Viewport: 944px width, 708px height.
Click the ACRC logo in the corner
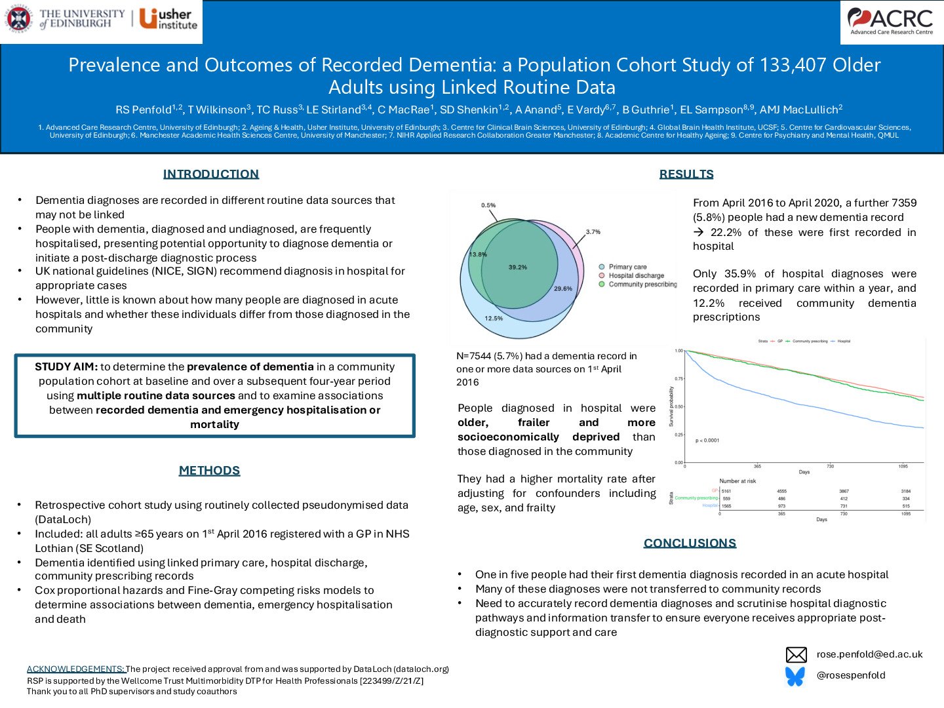[x=891, y=22]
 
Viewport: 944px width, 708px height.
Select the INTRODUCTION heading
[x=211, y=174]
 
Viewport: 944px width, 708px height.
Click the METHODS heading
[x=210, y=470]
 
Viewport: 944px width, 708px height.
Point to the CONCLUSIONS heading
[x=690, y=543]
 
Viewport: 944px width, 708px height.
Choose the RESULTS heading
[x=686, y=174]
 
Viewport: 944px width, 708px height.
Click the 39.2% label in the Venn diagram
[x=518, y=267]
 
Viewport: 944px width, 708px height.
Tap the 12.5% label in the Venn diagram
[x=494, y=319]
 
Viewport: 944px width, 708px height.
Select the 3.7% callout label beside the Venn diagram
[x=593, y=232]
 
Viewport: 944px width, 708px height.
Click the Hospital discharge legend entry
[x=636, y=275]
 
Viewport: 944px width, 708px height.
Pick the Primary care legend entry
[x=627, y=267]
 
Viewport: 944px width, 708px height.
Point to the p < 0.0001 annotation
[x=707, y=441]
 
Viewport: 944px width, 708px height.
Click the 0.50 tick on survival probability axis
[x=678, y=406]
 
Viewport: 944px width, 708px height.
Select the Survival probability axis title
[x=671, y=406]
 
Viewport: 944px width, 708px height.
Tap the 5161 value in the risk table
[x=726, y=491]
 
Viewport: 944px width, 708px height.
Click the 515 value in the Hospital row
[x=905, y=506]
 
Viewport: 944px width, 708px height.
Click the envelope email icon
[x=796, y=655]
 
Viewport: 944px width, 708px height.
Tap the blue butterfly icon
[x=795, y=676]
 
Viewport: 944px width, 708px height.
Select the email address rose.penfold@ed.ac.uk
[x=869, y=654]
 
